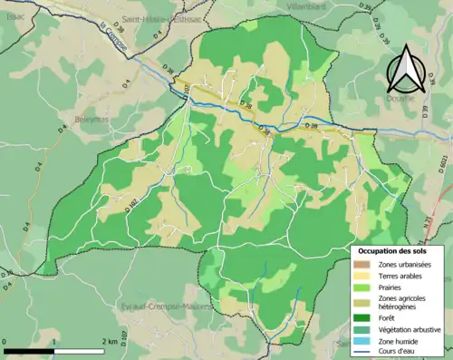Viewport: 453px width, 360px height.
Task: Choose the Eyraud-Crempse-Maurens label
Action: (x=165, y=306)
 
